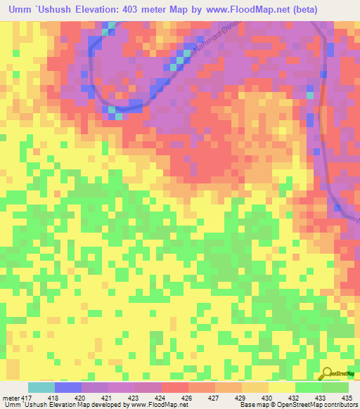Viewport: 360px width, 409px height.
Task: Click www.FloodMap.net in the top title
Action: click(239, 10)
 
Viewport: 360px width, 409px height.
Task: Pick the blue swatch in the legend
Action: click(68, 387)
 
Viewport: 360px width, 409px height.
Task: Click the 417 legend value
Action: click(26, 398)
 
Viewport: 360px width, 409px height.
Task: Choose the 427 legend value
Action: click(202, 398)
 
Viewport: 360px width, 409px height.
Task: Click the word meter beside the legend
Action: click(11, 398)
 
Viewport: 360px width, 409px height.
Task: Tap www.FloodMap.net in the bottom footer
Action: click(155, 405)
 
